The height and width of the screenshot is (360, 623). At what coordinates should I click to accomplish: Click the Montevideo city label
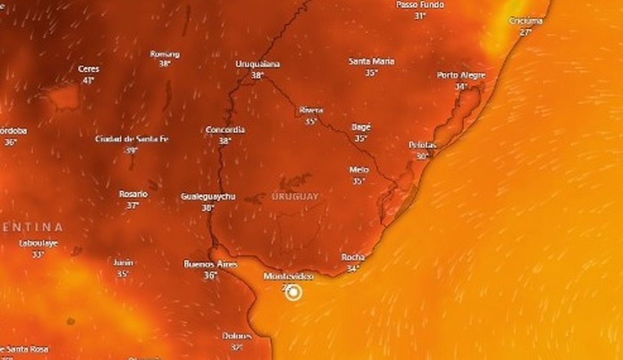[x=288, y=276]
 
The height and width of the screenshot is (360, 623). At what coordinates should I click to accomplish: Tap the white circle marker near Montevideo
[x=294, y=291]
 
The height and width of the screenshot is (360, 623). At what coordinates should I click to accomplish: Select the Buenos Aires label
[x=211, y=264]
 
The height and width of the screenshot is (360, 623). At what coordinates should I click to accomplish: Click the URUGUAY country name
[x=295, y=197]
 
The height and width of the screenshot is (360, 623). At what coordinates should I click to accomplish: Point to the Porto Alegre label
[x=461, y=75]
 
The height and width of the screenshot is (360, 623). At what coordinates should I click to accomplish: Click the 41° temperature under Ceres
[x=88, y=80]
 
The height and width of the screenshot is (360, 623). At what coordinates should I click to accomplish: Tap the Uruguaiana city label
[x=257, y=64]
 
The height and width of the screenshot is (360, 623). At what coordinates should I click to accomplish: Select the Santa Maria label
[x=371, y=62]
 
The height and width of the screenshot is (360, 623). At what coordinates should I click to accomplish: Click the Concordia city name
[x=225, y=130]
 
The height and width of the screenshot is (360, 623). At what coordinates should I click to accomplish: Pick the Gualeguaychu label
[x=208, y=197]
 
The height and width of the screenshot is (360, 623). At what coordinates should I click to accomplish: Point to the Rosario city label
[x=133, y=194]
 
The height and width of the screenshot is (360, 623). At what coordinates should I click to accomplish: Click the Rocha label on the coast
[x=353, y=257]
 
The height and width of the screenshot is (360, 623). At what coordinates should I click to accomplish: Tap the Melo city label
[x=359, y=170]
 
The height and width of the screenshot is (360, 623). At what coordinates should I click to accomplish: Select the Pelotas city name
[x=422, y=145]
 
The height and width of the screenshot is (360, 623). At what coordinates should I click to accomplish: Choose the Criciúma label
[x=526, y=21]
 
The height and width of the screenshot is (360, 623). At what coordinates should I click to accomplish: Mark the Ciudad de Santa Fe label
[x=131, y=139]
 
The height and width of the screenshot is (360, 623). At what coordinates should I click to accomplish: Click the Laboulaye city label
[x=38, y=244]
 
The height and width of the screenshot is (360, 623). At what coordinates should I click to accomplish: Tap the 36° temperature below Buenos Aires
[x=211, y=275]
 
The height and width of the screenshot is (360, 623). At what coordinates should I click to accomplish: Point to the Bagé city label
[x=361, y=127]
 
